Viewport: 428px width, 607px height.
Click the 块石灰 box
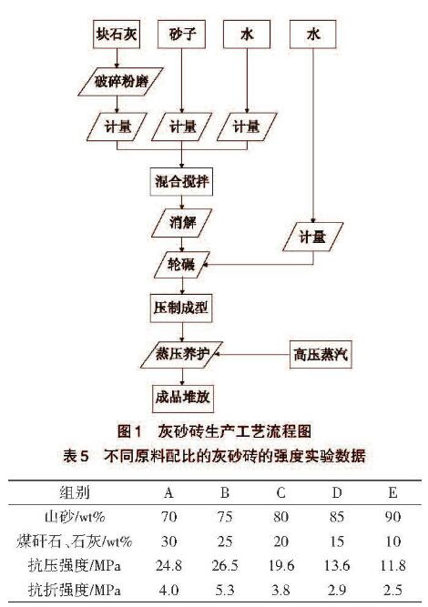(x=117, y=35)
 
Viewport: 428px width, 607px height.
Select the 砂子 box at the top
(x=181, y=35)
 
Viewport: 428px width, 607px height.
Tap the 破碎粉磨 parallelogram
(x=120, y=82)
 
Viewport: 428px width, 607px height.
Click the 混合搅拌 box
(x=181, y=182)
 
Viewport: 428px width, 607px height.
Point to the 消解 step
(x=181, y=223)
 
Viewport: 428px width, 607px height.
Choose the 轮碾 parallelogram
(x=181, y=265)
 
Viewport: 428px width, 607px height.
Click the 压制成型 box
(x=181, y=309)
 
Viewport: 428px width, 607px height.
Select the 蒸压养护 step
(x=181, y=355)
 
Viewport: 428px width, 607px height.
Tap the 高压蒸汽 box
(x=321, y=355)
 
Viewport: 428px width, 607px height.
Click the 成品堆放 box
(x=182, y=398)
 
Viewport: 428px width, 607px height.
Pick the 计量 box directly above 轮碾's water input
(x=313, y=237)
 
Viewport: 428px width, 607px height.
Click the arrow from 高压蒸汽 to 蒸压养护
(x=252, y=354)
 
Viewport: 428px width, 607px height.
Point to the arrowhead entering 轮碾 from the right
(x=206, y=265)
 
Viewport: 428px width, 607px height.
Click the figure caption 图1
(x=129, y=431)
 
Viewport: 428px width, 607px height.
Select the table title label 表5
(x=76, y=455)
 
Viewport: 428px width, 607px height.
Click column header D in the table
(x=337, y=492)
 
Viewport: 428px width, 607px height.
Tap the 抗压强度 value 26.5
(x=225, y=565)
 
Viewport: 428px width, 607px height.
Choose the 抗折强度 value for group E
(x=392, y=590)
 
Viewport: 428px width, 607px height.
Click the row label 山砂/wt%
(x=75, y=517)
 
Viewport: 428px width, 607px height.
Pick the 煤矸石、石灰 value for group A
(x=168, y=541)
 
